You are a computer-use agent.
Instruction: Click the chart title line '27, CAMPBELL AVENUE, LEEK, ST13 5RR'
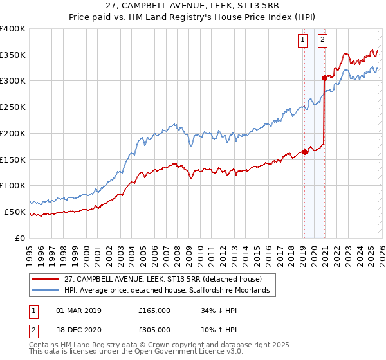pyautogui.click(x=192, y=6)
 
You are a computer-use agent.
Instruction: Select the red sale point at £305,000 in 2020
pyautogui.click(x=324, y=78)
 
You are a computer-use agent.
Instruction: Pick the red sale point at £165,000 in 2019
pyautogui.click(x=304, y=152)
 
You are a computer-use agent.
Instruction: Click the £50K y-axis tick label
pyautogui.click(x=15, y=212)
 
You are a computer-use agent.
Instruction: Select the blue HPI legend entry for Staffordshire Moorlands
pyautogui.click(x=170, y=291)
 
